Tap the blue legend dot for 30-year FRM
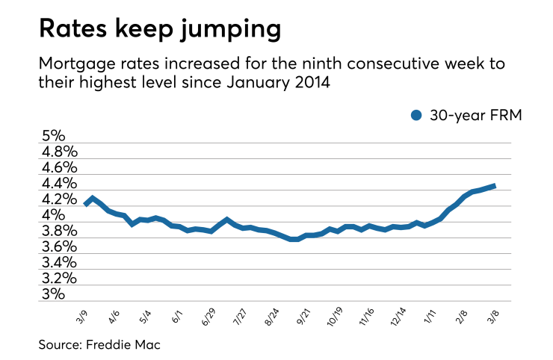[x=417, y=115]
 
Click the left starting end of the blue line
[x=85, y=203]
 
